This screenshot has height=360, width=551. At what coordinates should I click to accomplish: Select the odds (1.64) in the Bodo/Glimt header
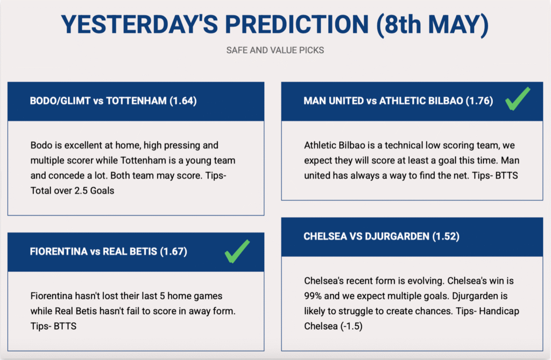pyautogui.click(x=183, y=101)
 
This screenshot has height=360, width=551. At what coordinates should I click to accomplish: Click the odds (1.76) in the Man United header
pyautogui.click(x=479, y=101)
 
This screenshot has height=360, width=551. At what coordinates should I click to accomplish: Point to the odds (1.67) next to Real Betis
pyautogui.click(x=174, y=251)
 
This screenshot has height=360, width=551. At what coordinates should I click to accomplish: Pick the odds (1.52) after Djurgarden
pyautogui.click(x=446, y=236)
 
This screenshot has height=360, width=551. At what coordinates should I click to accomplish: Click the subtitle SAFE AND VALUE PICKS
pyautogui.click(x=275, y=50)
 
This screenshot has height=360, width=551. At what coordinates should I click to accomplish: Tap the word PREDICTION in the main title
pyautogui.click(x=297, y=25)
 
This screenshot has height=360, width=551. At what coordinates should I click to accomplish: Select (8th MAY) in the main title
pyautogui.click(x=432, y=25)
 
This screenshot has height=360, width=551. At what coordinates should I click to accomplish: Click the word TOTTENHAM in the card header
pyautogui.click(x=136, y=101)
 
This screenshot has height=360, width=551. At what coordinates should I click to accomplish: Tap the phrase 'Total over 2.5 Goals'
pyautogui.click(x=73, y=190)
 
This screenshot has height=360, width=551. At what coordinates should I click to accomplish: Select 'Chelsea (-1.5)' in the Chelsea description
pyautogui.click(x=333, y=326)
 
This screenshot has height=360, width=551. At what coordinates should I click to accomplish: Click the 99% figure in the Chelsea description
pyautogui.click(x=313, y=296)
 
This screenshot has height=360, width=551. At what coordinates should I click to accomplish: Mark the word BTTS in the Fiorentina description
pyautogui.click(x=65, y=326)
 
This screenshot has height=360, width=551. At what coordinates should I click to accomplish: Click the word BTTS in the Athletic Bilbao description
pyautogui.click(x=506, y=175)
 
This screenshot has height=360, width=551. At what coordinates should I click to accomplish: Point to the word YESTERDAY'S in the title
pyautogui.click(x=139, y=25)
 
